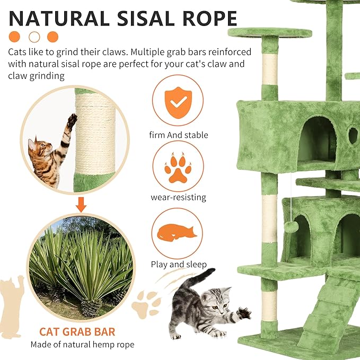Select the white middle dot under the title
(x=34, y=37)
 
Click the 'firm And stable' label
(x=180, y=135)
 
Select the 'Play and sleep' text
(x=179, y=264)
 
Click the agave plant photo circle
(x=81, y=265)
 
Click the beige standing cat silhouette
(x=12, y=305)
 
